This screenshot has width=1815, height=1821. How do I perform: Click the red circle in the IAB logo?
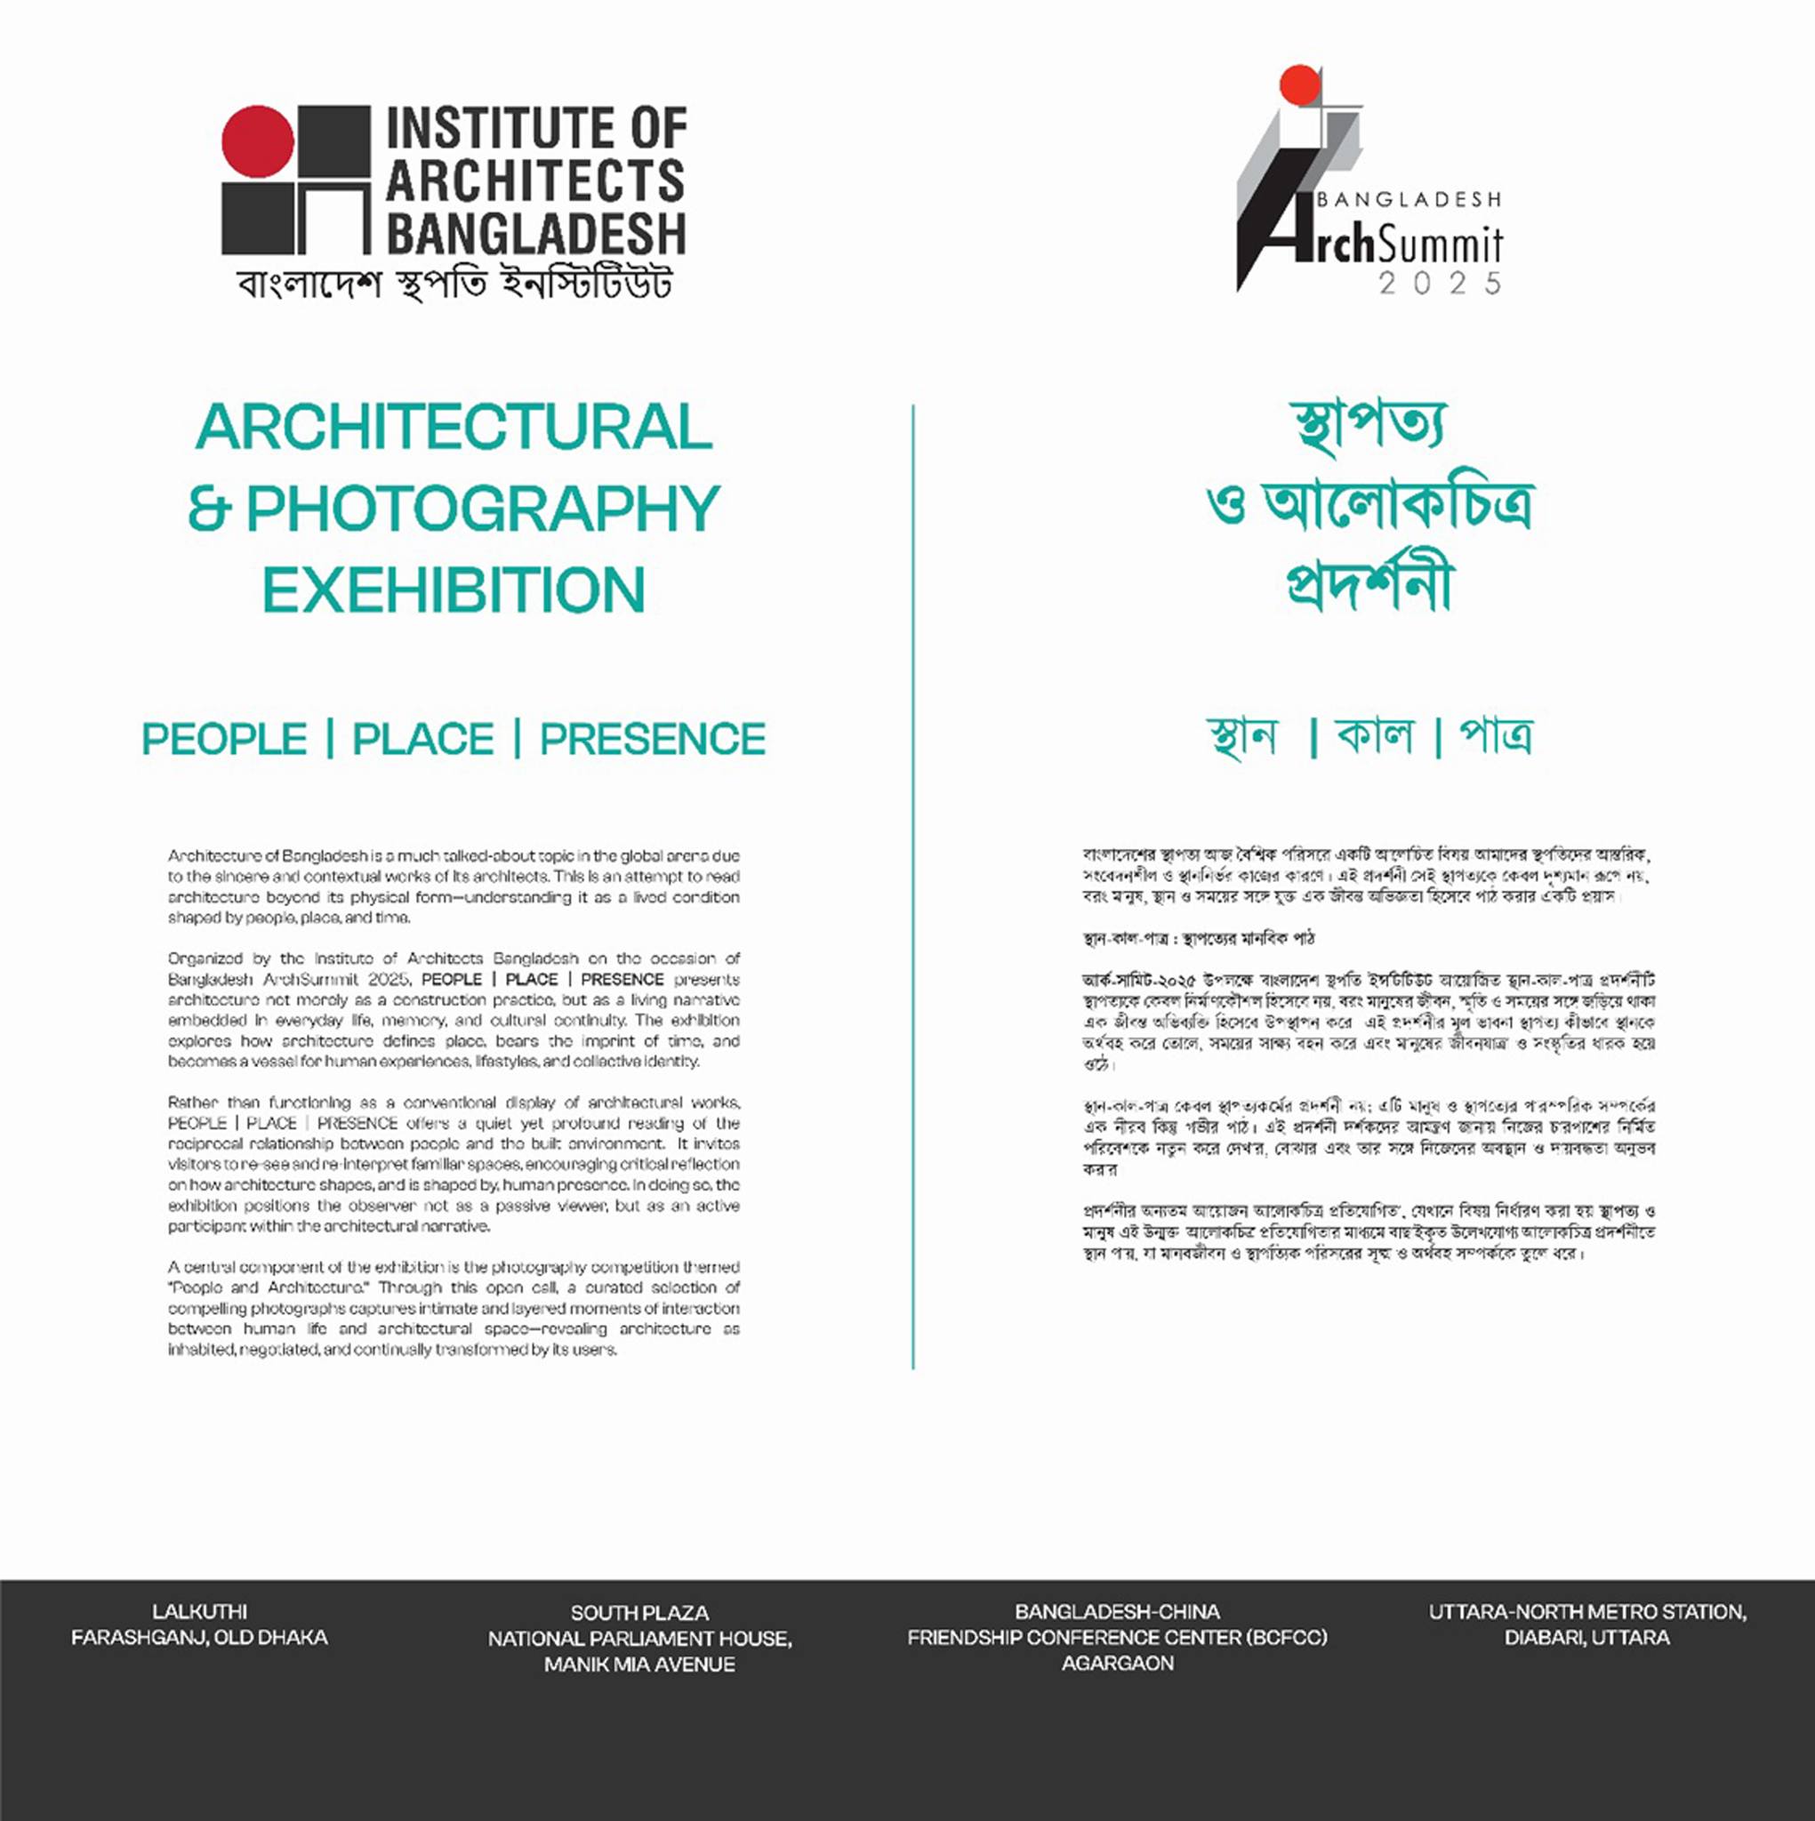point(257,141)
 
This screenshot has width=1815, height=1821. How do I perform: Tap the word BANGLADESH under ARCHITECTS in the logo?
point(535,233)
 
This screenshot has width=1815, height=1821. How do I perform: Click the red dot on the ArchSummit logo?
point(1299,84)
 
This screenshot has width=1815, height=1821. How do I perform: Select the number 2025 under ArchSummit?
point(1440,284)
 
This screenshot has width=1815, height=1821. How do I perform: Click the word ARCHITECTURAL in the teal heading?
point(454,428)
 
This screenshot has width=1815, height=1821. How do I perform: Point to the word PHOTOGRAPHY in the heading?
point(483,509)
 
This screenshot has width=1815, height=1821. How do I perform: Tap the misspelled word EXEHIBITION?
point(454,591)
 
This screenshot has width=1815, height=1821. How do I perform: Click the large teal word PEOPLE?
point(224,739)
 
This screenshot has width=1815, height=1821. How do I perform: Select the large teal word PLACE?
point(423,739)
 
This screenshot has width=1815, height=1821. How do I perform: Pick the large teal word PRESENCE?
point(653,739)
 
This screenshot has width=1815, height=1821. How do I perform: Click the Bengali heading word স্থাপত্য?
point(1368,427)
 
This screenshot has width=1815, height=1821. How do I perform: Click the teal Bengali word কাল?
point(1375,735)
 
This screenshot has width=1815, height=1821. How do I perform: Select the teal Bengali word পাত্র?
point(1496,735)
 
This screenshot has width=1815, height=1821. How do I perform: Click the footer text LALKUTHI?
point(199,1612)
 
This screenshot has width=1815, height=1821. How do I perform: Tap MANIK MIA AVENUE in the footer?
point(639,1665)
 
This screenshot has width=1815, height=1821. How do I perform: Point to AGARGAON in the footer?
point(1117,1664)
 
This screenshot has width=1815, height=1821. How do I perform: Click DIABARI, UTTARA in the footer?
point(1586,1638)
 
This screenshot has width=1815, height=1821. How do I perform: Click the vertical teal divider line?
point(912,886)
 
